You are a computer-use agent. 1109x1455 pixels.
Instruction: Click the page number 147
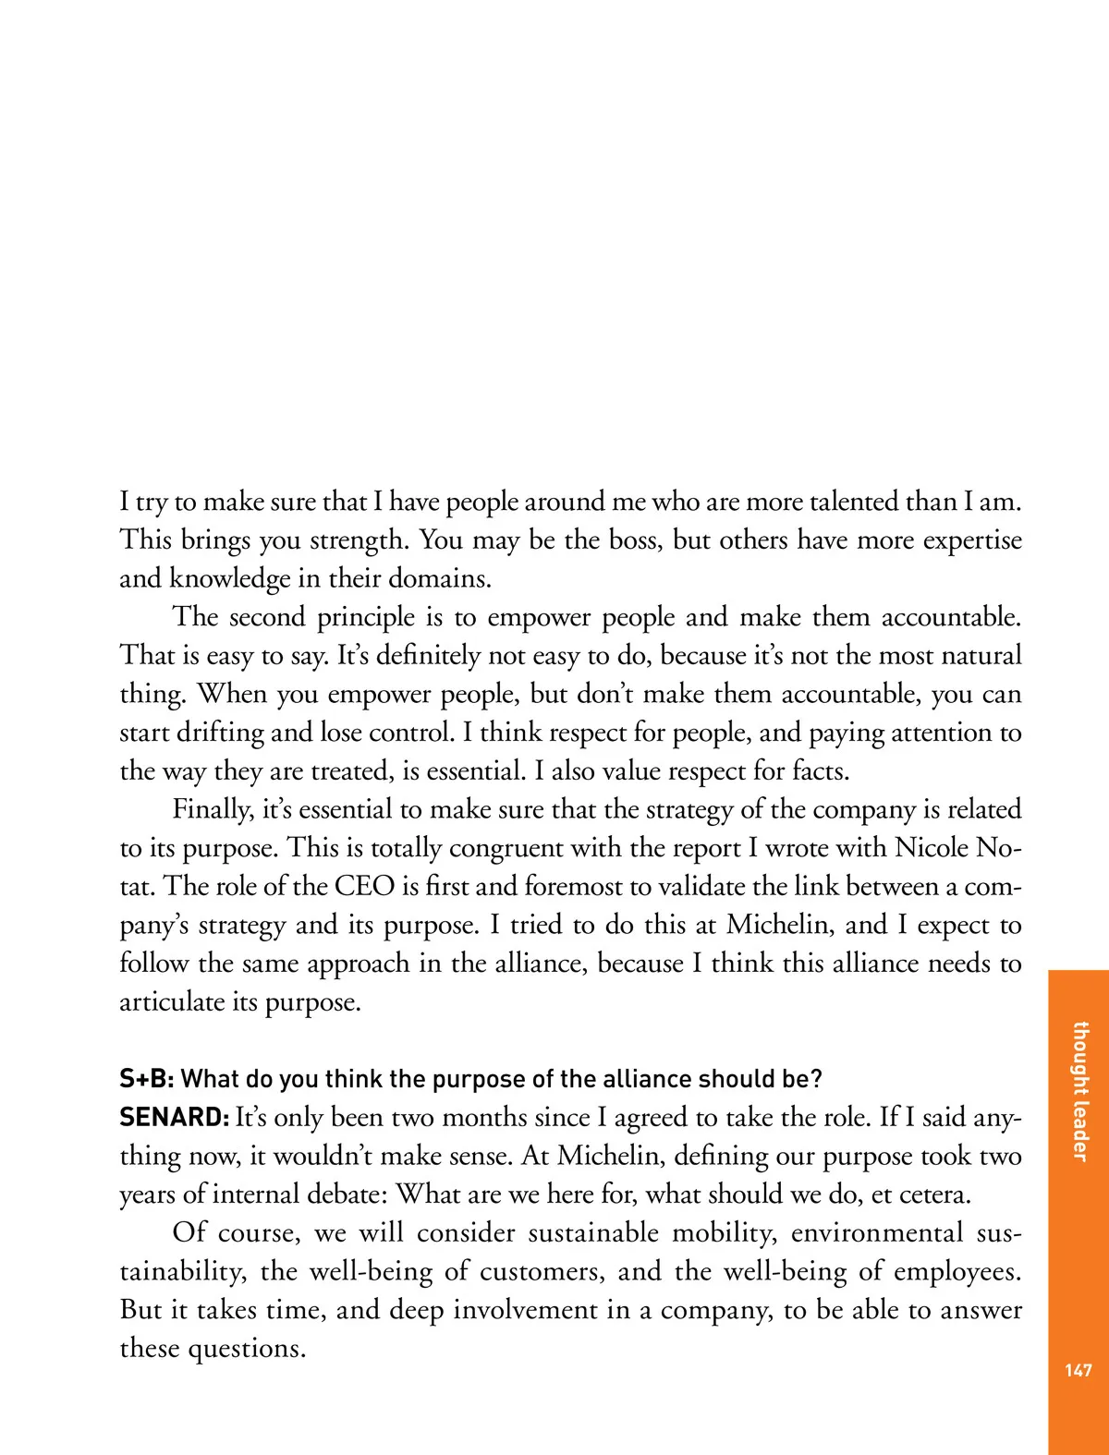[1079, 1370]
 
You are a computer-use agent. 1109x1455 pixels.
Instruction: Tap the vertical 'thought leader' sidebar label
[1079, 1091]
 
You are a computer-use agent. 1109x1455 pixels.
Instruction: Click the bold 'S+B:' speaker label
[147, 1079]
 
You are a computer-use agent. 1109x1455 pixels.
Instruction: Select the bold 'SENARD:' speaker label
[174, 1118]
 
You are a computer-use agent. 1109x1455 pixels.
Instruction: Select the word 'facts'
[814, 770]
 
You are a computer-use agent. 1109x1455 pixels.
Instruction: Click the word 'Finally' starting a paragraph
[213, 810]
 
